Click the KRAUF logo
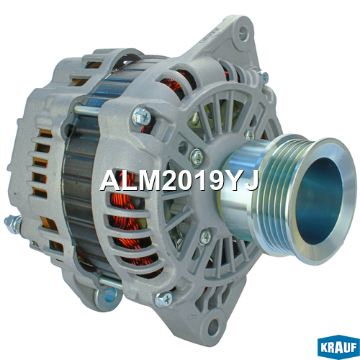338,347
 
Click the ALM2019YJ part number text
179,181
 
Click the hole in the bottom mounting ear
213,325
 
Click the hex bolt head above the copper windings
142,117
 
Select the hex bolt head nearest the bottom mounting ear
163,300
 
